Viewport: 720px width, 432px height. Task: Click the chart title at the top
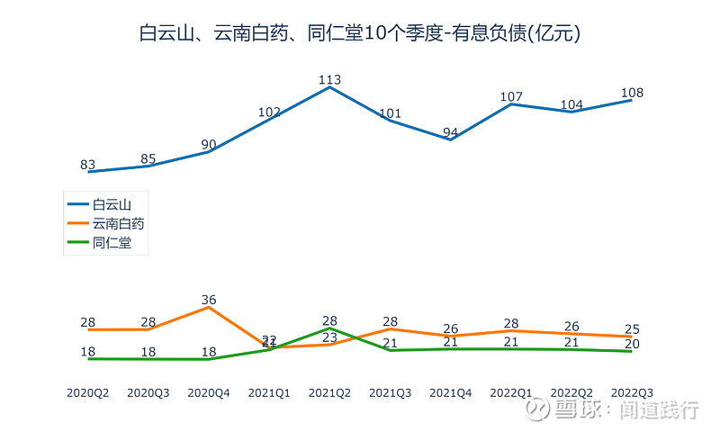point(359,33)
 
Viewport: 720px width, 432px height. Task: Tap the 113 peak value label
point(329,79)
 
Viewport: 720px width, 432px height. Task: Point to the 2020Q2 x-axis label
point(88,392)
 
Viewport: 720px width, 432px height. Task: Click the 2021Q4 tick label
point(451,392)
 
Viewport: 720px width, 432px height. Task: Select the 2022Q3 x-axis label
point(632,392)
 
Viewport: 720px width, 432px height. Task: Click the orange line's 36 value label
point(209,300)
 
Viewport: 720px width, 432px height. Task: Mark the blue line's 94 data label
point(451,132)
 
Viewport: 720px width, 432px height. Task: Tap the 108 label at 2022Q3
point(632,93)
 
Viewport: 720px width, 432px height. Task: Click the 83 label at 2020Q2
point(88,165)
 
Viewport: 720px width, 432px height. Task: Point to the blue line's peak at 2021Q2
point(329,87)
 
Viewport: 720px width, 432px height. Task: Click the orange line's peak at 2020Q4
point(209,307)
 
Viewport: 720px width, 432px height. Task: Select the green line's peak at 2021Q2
point(329,328)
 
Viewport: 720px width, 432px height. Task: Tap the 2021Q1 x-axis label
point(269,392)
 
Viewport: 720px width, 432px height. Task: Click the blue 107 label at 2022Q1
point(511,96)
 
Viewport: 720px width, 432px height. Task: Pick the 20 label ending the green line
point(632,344)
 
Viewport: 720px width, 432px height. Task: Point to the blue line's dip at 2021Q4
point(451,139)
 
